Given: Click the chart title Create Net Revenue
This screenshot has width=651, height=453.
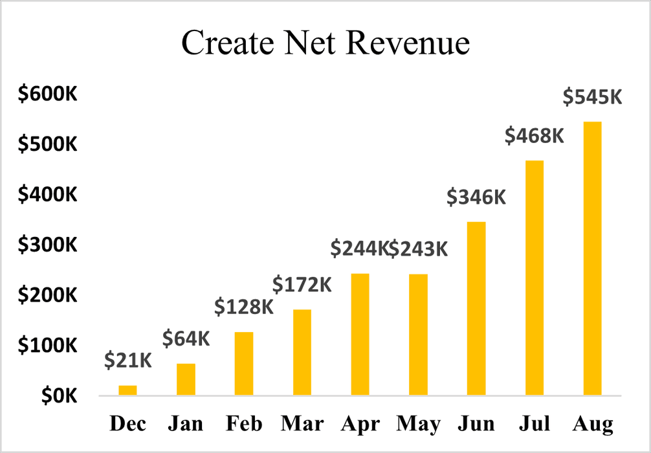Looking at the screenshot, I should click(x=325, y=43).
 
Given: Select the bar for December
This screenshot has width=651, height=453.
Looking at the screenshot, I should click(x=127, y=390).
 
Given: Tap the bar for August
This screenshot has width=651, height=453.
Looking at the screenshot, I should click(x=592, y=258).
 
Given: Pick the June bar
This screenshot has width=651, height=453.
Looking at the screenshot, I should click(x=476, y=308).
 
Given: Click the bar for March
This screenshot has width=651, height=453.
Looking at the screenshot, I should click(x=302, y=352).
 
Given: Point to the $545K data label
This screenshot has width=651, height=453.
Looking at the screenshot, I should click(x=592, y=97).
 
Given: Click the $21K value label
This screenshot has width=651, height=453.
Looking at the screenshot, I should click(x=128, y=360).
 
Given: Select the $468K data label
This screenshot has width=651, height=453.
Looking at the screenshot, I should click(x=535, y=136).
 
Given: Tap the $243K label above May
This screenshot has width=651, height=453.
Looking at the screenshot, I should click(x=418, y=249).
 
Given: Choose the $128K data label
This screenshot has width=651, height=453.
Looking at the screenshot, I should click(x=244, y=307).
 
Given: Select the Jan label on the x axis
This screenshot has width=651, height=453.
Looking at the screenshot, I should click(x=185, y=425).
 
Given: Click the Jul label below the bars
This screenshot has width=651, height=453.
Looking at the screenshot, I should click(x=535, y=425).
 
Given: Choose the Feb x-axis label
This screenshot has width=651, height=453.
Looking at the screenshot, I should click(x=244, y=425).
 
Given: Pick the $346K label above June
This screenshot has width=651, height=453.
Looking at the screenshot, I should click(x=476, y=197).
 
